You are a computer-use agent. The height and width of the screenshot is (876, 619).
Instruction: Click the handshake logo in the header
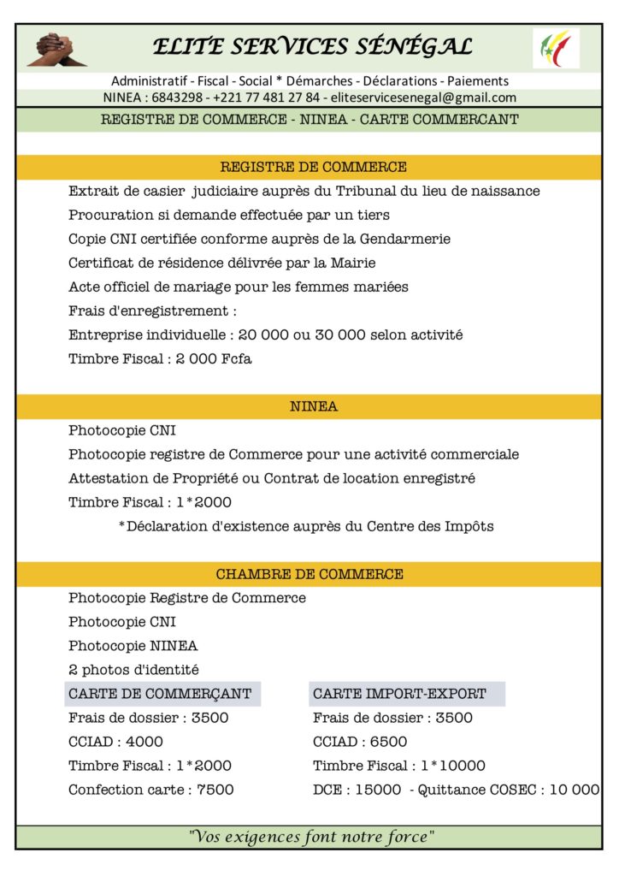click(x=57, y=49)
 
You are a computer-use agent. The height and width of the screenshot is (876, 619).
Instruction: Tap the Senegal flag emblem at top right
click(x=556, y=48)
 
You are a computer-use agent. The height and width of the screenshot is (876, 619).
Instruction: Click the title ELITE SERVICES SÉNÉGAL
click(x=312, y=46)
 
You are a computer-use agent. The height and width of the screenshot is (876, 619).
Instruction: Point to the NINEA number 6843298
click(x=179, y=98)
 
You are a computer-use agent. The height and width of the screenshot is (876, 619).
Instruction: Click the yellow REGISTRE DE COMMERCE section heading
click(x=313, y=167)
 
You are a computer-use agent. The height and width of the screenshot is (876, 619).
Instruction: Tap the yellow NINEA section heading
click(x=313, y=406)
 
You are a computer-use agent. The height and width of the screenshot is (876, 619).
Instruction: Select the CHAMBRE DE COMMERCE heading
click(x=309, y=574)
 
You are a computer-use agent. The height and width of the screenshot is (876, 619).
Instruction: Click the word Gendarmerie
click(x=404, y=239)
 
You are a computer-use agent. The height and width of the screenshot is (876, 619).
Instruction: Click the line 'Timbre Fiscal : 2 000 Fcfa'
click(x=160, y=358)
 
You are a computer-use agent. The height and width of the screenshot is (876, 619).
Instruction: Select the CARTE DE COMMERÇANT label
click(x=160, y=694)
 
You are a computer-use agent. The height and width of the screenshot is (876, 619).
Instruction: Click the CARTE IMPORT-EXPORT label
click(x=399, y=694)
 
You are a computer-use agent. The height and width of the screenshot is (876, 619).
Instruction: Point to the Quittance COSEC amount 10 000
click(x=574, y=790)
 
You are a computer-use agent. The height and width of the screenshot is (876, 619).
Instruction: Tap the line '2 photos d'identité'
click(x=133, y=670)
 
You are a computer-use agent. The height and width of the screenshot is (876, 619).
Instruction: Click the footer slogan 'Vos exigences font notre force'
click(x=312, y=837)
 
